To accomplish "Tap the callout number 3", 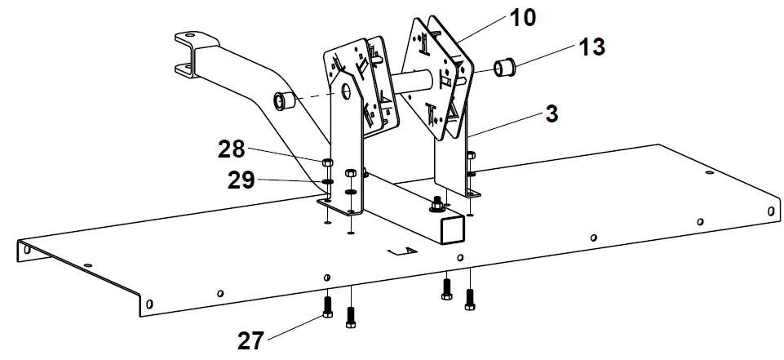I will coord(551,114).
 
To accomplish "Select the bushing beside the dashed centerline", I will coord(283,102).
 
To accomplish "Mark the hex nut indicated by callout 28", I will coord(326,161).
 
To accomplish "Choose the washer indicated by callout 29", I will coord(326,181).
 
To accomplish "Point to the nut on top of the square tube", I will coord(438,202).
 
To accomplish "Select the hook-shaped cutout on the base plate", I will coord(401,251).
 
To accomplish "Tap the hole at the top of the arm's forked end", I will coord(189,38).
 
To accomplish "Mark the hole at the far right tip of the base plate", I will coord(770,210).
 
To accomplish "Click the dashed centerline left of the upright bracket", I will coord(313,98).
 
